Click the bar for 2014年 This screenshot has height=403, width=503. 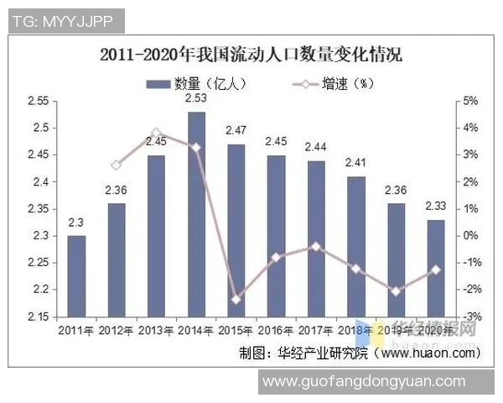coord(196,214)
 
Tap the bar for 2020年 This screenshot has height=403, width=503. coord(436,268)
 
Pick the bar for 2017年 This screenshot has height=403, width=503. coord(316,238)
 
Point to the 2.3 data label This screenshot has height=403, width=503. coord(75,222)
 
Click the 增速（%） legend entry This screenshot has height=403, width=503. coord(327,82)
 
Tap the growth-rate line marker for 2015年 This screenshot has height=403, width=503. coord(236,300)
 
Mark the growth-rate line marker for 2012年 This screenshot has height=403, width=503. coord(117,165)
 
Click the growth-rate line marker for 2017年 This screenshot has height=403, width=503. coord(316,246)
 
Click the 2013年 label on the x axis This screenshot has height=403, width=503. coord(156,330)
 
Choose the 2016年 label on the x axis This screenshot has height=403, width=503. coord(276,330)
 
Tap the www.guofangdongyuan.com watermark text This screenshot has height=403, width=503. coord(363,381)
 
